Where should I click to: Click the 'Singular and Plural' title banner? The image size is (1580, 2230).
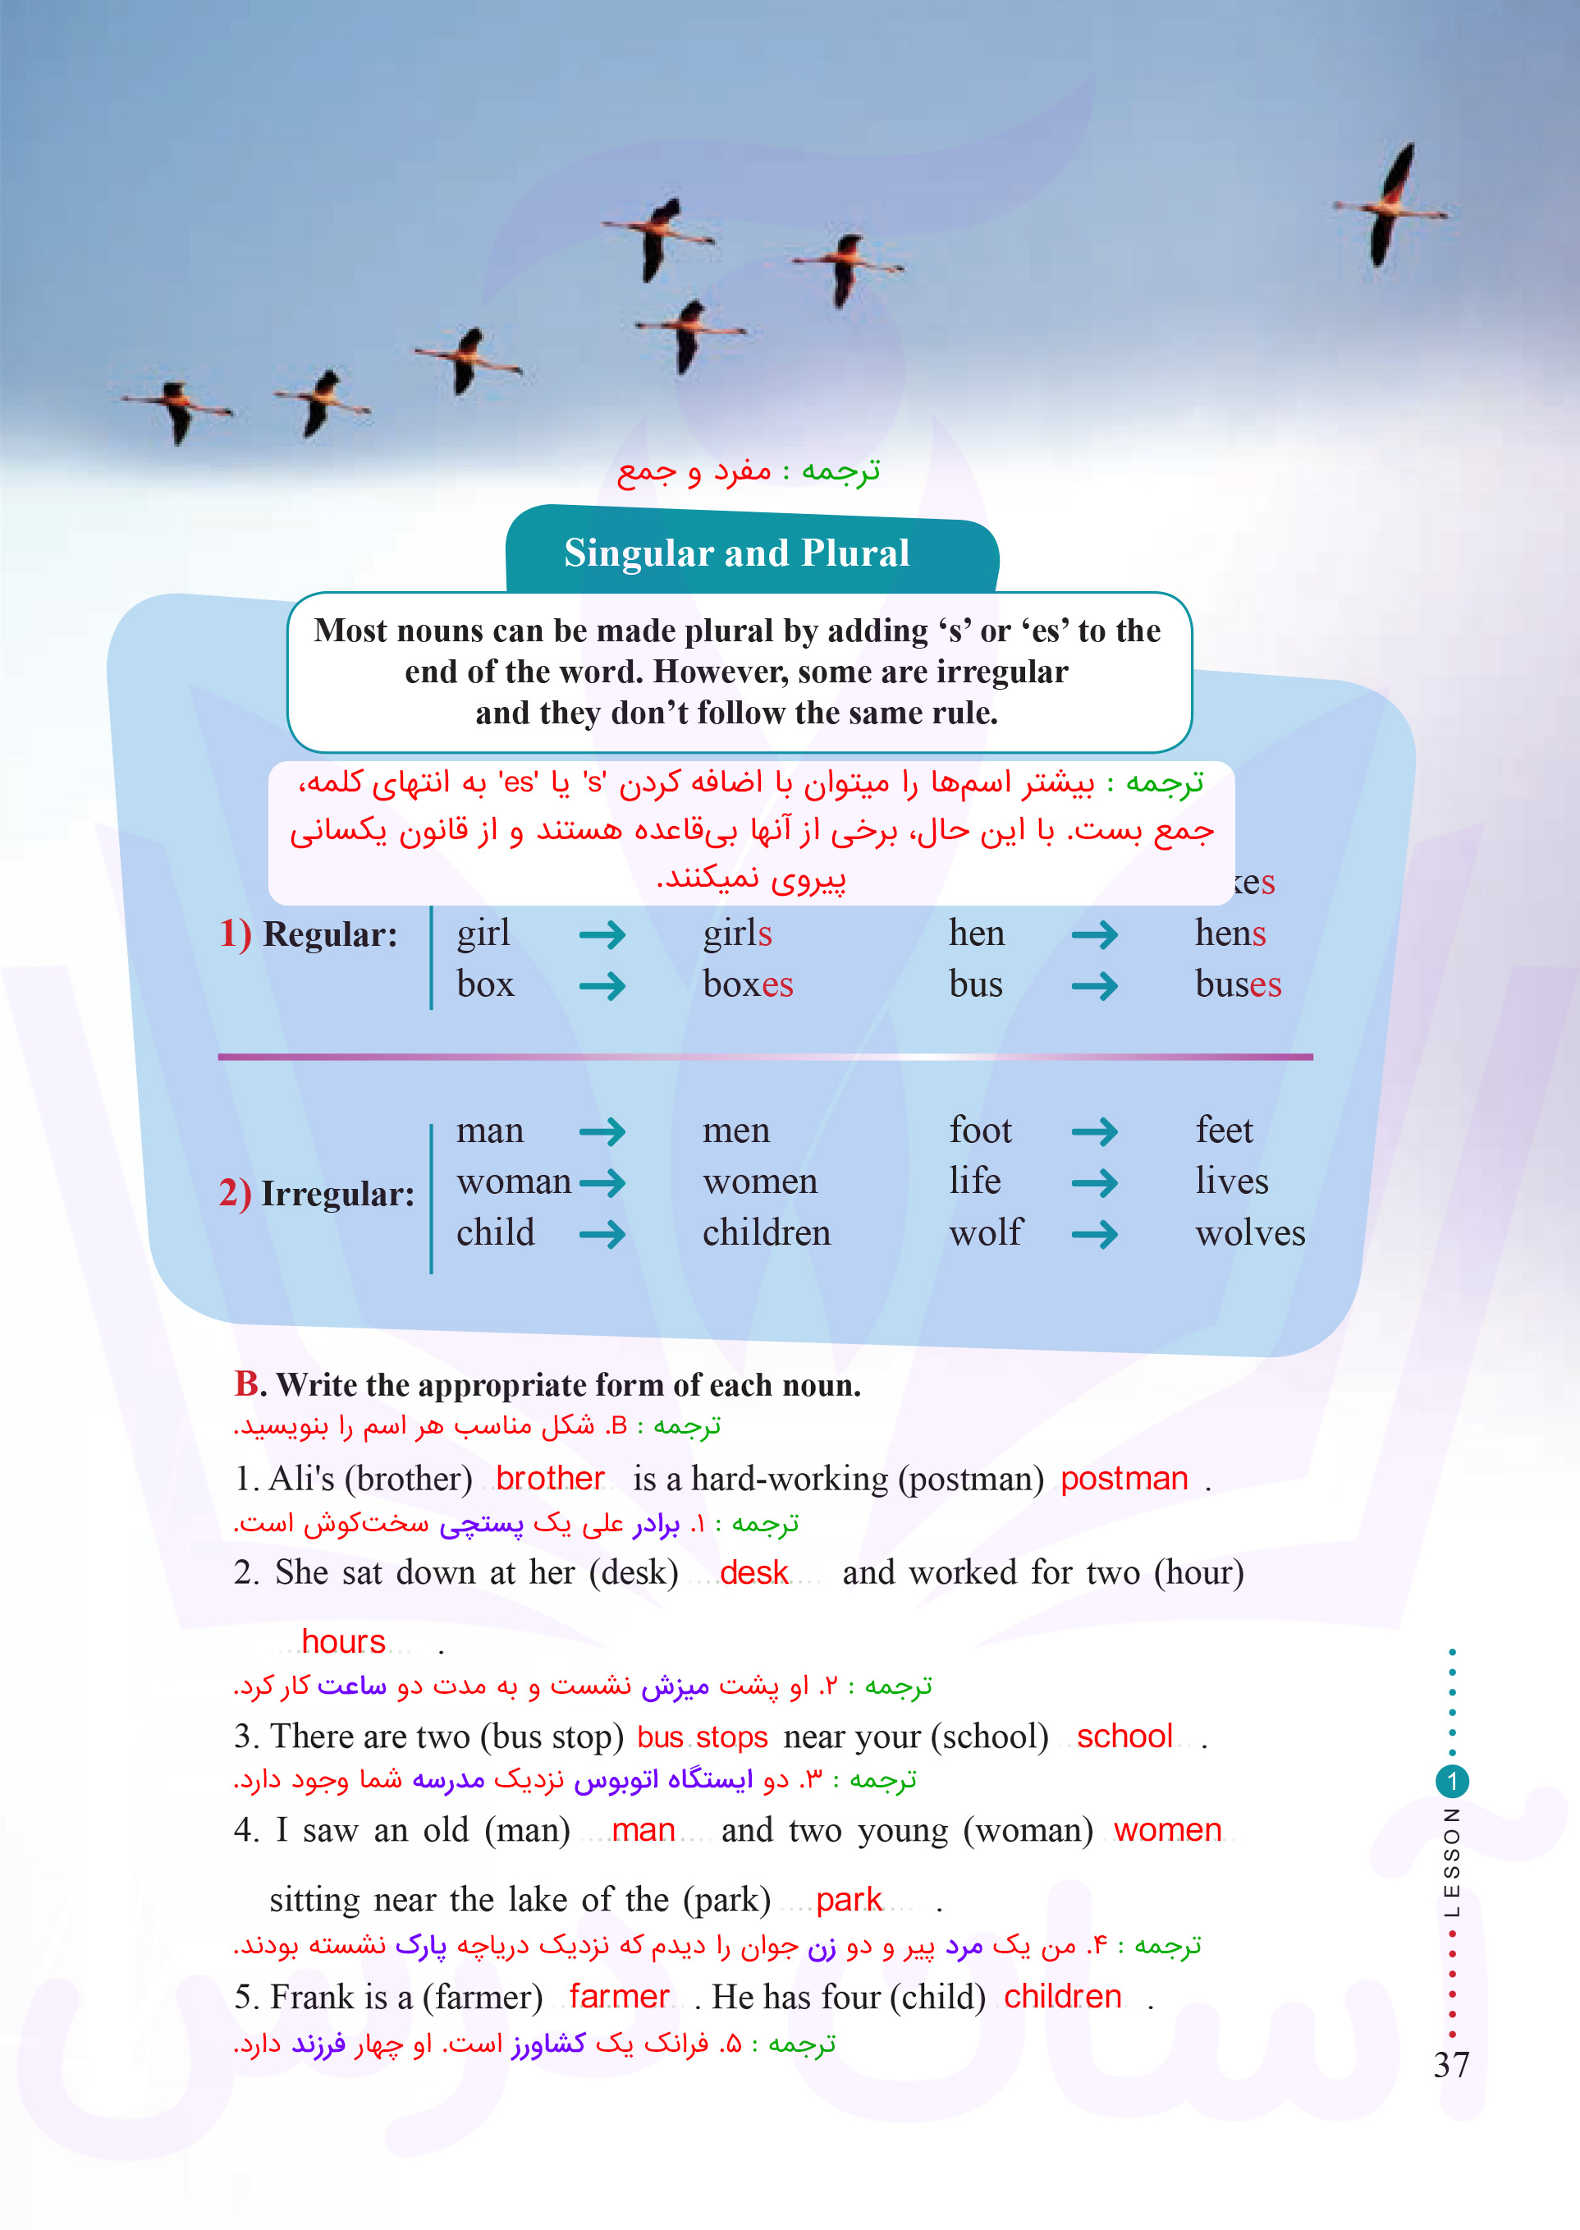point(736,553)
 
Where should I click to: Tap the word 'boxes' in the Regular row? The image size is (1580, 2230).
point(747,984)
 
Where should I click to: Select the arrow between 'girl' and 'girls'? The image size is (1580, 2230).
point(602,935)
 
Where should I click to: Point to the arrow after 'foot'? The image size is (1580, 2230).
point(1095,1131)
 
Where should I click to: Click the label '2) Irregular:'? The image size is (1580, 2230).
point(316,1193)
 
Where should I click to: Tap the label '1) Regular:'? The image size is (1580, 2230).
point(309,934)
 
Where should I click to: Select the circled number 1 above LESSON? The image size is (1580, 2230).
point(1452,1782)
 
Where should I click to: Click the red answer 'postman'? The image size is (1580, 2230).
point(1124,1479)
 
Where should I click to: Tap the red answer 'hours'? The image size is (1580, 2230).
point(343,1641)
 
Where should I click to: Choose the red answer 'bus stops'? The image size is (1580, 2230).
point(703,1737)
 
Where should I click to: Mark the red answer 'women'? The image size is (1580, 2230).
point(1166,1830)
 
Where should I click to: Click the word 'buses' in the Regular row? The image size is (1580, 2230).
point(1238,984)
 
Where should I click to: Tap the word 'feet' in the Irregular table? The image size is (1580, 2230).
point(1224,1131)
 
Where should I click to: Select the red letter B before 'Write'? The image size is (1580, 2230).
point(246,1383)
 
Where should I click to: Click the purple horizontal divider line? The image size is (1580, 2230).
point(765,1057)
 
